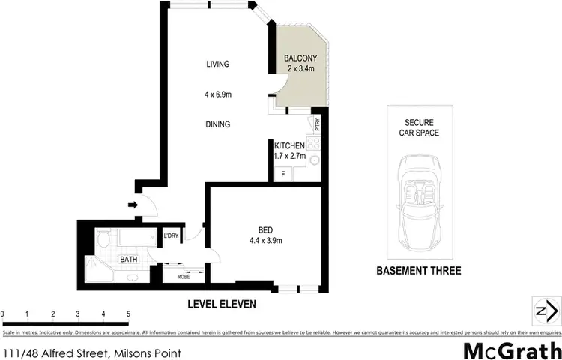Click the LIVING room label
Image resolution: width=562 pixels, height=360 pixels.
(217, 64)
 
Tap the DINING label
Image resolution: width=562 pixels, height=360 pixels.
(217, 124)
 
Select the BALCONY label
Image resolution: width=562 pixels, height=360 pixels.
(300, 58)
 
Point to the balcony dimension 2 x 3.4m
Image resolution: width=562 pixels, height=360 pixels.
(300, 68)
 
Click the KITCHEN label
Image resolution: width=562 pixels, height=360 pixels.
(289, 145)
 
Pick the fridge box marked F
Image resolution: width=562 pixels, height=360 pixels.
(283, 174)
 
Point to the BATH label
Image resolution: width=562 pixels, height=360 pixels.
(130, 259)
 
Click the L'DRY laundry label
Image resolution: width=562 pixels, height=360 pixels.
(172, 236)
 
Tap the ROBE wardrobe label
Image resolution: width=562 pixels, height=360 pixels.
(184, 276)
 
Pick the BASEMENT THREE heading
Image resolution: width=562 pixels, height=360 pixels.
(420, 271)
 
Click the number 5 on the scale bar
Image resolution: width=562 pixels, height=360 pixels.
(129, 313)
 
